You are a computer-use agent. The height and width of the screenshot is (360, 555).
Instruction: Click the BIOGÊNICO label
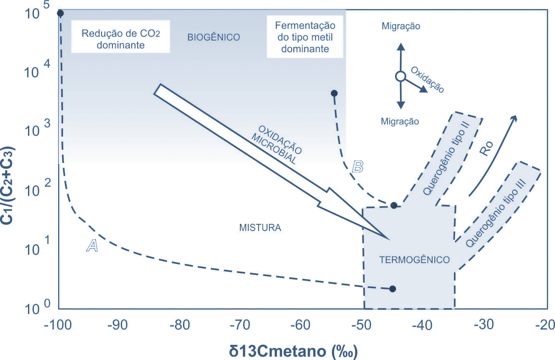(214, 37)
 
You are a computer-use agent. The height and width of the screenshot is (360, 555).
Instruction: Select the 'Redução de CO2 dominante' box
(120, 39)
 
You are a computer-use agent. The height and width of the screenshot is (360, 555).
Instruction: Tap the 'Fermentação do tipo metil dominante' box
(305, 37)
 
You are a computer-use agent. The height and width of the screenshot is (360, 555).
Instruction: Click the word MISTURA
(260, 228)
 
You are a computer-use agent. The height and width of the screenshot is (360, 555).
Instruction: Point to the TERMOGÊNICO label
(415, 260)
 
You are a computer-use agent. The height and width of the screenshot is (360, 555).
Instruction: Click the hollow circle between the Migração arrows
(400, 76)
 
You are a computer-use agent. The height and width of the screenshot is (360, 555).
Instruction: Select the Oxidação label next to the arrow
(428, 79)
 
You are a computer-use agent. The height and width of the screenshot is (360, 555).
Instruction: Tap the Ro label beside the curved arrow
(486, 149)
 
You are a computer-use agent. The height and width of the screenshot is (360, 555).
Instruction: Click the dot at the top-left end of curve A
(60, 13)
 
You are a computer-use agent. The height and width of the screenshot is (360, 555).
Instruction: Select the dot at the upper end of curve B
(334, 93)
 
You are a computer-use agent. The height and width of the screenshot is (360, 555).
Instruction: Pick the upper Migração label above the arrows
(401, 26)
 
